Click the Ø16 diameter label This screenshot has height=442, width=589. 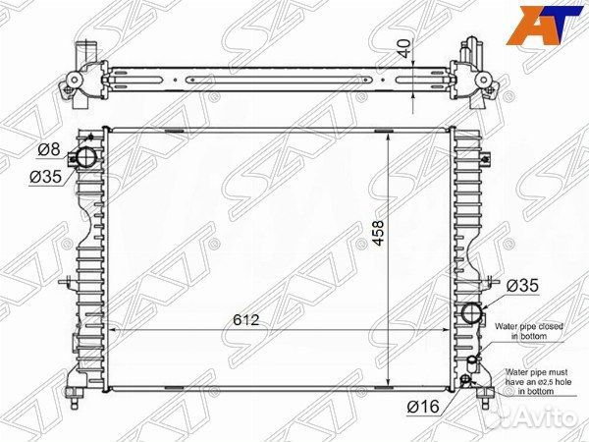(x=425, y=405)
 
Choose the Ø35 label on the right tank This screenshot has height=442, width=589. (x=523, y=286)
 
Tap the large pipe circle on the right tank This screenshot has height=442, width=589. (x=472, y=315)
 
